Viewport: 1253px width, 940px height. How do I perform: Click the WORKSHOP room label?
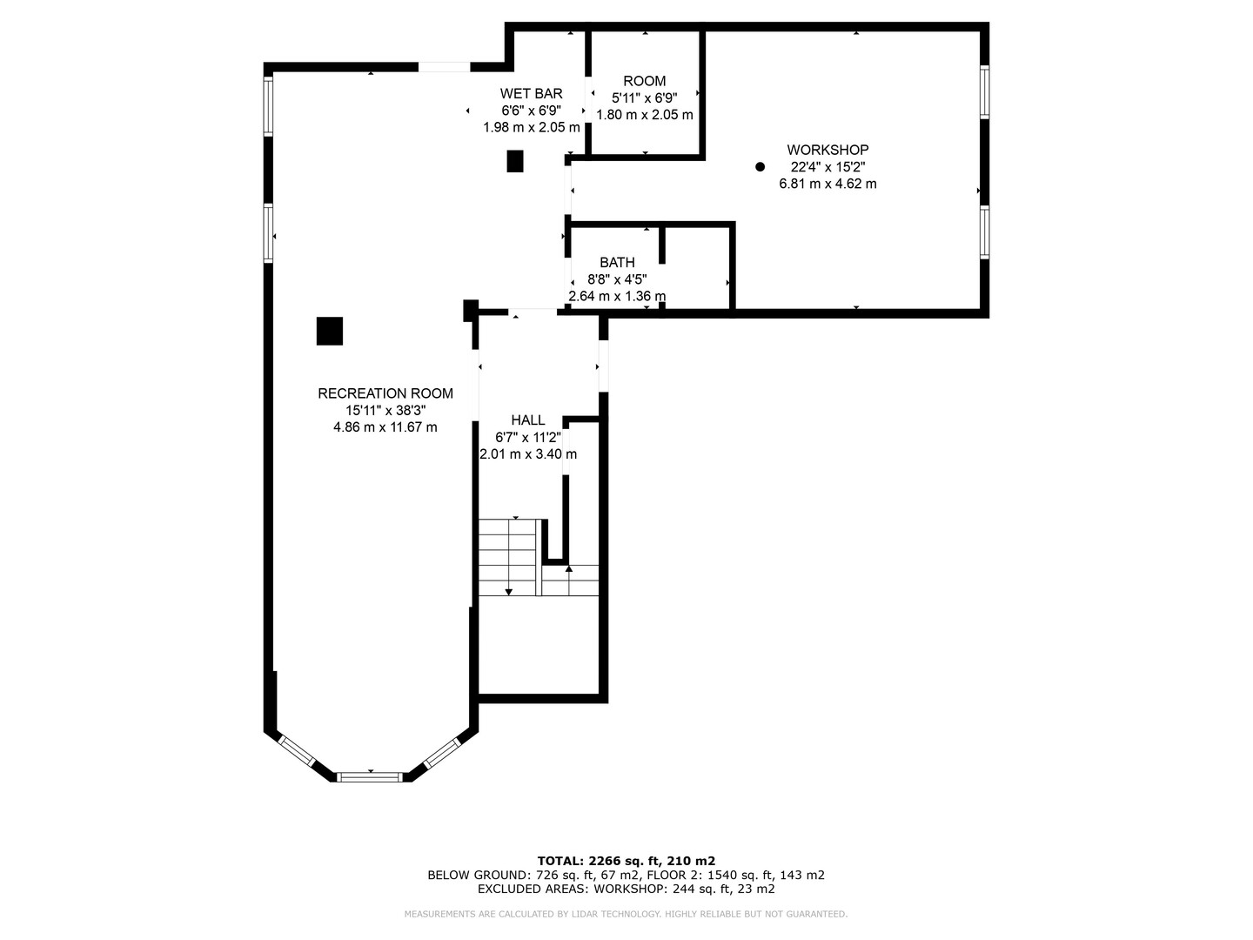[x=828, y=150]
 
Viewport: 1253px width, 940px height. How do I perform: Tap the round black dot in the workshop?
[x=760, y=166]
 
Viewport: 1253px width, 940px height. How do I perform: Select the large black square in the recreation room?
[x=330, y=331]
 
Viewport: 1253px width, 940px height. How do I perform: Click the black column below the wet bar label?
[x=515, y=161]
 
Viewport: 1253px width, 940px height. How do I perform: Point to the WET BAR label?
[x=531, y=94]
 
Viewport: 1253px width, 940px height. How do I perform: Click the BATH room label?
[x=617, y=263]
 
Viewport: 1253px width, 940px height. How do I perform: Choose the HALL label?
[x=528, y=420]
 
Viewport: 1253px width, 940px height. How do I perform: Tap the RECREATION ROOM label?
[x=385, y=393]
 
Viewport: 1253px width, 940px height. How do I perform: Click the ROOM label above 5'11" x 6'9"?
[x=645, y=81]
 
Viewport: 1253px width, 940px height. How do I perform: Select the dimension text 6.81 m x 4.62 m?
[x=828, y=184]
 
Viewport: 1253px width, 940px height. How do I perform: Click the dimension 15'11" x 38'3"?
[x=385, y=410]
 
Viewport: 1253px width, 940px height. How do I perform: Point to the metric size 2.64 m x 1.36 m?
[x=617, y=296]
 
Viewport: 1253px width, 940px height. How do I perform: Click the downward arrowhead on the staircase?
[x=509, y=592]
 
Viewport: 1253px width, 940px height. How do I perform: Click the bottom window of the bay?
[x=370, y=776]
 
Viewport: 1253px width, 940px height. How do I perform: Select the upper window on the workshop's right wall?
[x=984, y=92]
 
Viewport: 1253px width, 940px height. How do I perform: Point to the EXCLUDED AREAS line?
[x=626, y=889]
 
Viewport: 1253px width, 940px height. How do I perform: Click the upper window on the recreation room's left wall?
[x=268, y=105]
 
